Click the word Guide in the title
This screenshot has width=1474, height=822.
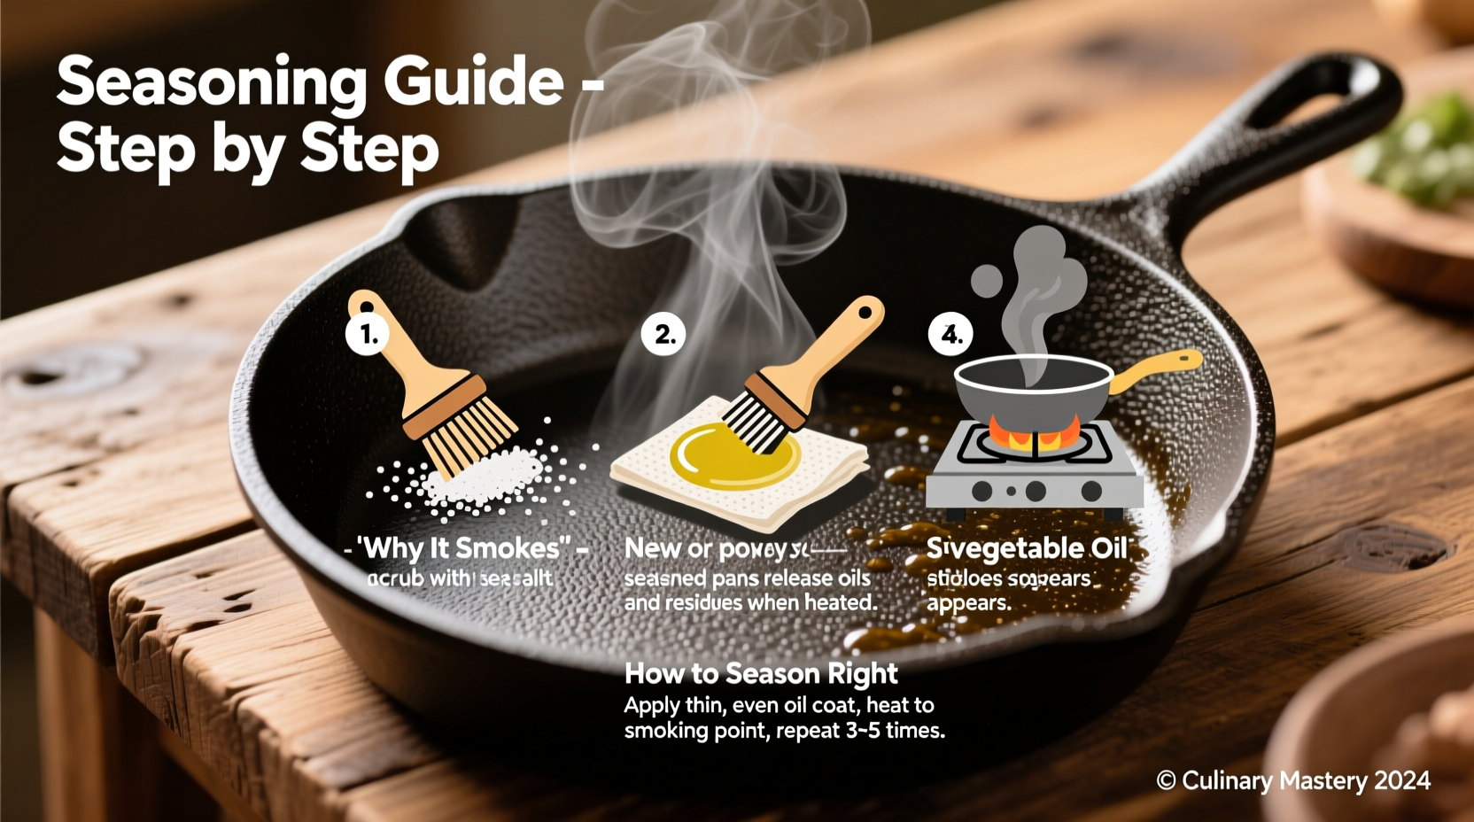point(473,82)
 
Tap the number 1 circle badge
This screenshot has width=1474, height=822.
point(368,334)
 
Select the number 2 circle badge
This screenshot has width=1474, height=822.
point(663,335)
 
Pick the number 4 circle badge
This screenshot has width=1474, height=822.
point(950,335)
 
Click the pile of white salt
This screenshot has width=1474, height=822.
point(483,479)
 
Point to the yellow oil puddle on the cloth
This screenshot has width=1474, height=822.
point(734,455)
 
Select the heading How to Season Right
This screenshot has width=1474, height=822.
point(761,674)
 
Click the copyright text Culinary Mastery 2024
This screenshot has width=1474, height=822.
point(1293,780)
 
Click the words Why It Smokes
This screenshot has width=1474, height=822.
point(463,548)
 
